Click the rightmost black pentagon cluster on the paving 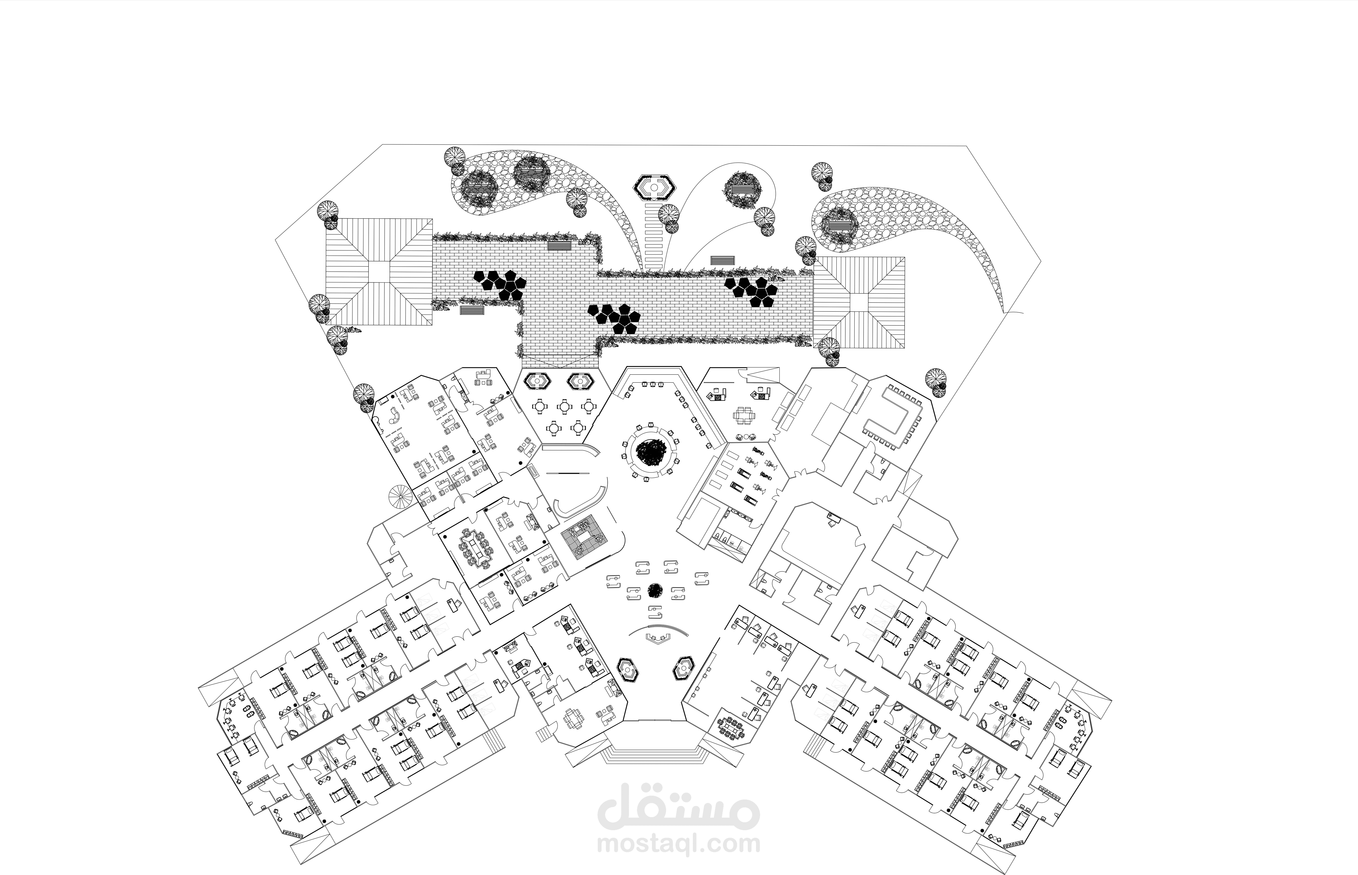coord(751,291)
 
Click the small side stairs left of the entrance coord(544,734)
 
